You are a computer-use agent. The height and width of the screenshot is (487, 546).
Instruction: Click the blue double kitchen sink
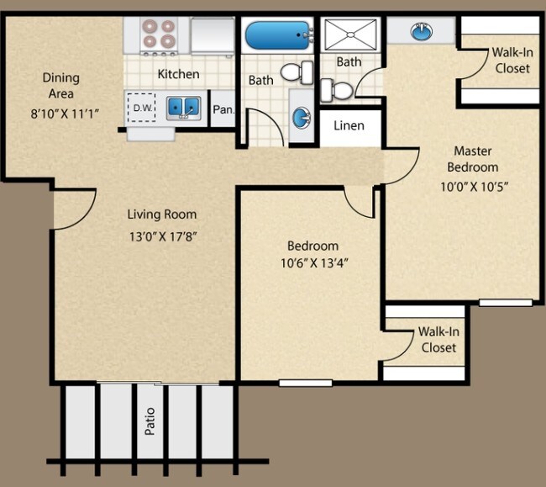tap(182, 108)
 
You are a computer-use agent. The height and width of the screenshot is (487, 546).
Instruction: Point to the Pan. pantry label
tap(223, 109)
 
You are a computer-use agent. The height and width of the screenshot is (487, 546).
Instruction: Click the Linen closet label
tap(349, 126)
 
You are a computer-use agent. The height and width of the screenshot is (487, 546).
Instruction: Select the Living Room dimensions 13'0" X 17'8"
tap(162, 236)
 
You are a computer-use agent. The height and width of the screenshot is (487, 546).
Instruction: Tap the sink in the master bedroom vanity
tap(419, 32)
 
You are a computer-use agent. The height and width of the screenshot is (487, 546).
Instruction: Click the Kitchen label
tap(178, 74)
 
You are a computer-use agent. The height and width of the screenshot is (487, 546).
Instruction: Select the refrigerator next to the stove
tap(212, 35)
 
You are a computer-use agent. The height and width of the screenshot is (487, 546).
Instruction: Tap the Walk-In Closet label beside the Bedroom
tap(438, 339)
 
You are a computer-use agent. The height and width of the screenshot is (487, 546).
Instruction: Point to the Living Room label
tap(162, 214)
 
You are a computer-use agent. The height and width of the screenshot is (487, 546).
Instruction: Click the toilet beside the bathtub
tap(292, 72)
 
